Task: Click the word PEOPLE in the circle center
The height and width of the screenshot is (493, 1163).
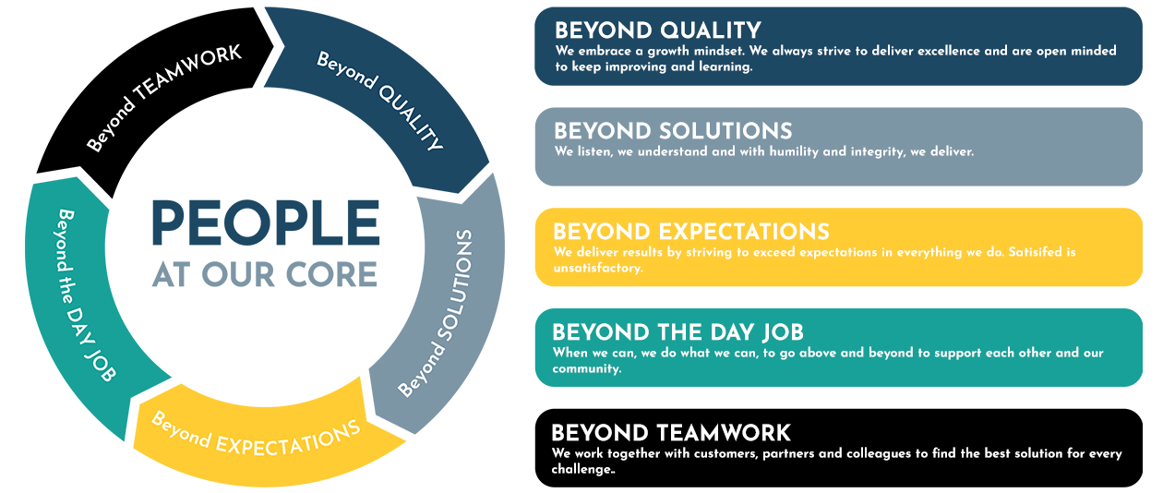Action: tap(266, 222)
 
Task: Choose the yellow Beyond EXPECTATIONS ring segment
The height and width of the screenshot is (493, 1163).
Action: tap(259, 441)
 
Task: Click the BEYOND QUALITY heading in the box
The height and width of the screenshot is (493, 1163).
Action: tap(658, 30)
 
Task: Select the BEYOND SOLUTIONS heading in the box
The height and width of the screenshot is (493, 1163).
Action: tap(673, 131)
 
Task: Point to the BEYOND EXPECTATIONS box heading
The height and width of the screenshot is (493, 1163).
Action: tap(691, 232)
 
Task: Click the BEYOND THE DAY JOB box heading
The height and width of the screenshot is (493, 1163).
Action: tap(677, 332)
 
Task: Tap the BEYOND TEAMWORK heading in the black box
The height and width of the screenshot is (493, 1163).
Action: tap(671, 433)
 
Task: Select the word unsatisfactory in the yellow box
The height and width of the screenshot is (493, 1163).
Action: tap(597, 268)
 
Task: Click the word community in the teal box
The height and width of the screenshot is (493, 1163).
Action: tap(586, 369)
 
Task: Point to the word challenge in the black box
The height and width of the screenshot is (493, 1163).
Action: tap(582, 469)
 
